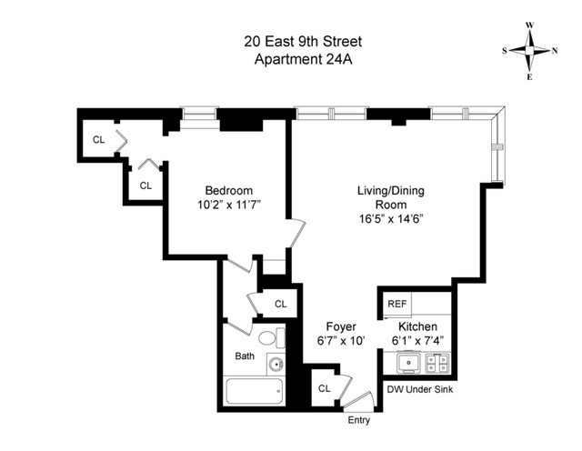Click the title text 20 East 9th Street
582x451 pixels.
[x=290, y=41]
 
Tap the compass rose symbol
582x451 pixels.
[x=530, y=52]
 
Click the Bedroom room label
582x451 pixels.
[x=228, y=190]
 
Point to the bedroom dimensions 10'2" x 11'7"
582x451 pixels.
[x=228, y=205]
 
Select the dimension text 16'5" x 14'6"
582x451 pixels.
[x=391, y=219]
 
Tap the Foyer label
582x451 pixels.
[x=341, y=326]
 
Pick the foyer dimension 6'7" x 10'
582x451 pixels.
[x=341, y=341]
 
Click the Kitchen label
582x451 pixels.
[x=417, y=326]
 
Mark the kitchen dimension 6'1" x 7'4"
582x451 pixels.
[x=417, y=341]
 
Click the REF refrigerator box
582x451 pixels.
[x=397, y=304]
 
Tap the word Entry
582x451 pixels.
[x=359, y=420]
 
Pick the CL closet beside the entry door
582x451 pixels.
[x=325, y=389]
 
